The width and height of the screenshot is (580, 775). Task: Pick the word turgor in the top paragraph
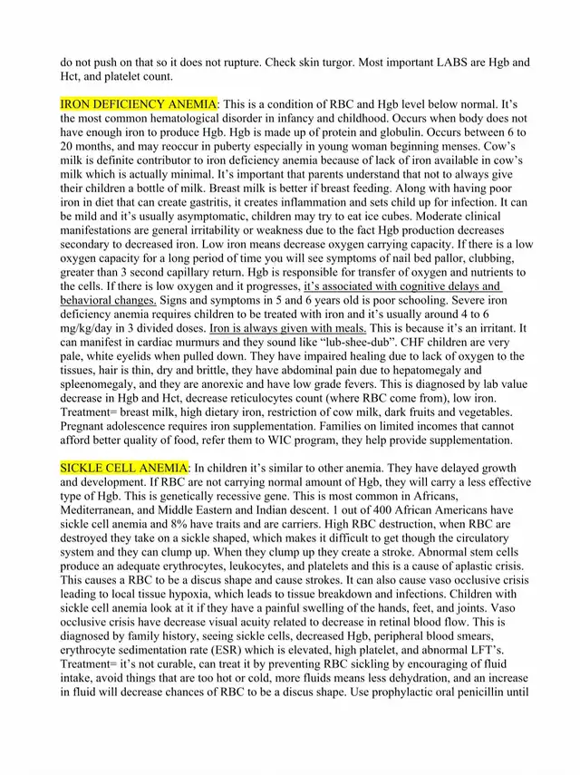tap(290, 63)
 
